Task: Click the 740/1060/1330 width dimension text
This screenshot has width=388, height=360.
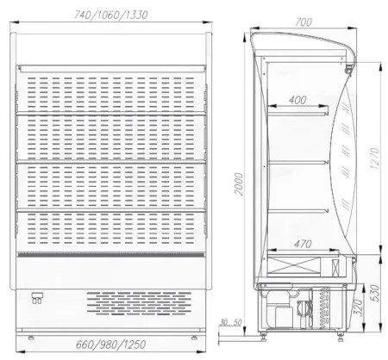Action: pos(111,15)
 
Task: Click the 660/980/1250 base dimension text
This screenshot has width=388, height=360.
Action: pos(111,344)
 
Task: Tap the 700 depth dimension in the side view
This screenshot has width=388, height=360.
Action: pos(304,22)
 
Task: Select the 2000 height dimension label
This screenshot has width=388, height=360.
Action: pos(239,184)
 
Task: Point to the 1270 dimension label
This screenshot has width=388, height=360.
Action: pos(375,158)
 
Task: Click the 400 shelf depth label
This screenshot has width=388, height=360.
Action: pos(297,100)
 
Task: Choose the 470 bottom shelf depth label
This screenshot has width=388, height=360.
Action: pos(303,244)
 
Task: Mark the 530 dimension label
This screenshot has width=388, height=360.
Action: pos(375,293)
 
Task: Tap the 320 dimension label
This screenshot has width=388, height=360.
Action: pos(357,307)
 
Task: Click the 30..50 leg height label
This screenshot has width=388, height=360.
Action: pos(230,322)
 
